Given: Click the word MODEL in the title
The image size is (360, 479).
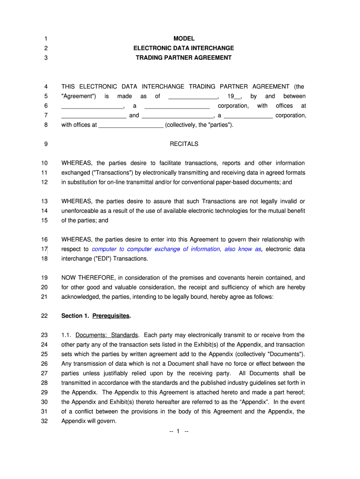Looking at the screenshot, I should click(x=184, y=38).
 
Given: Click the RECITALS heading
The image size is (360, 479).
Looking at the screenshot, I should click(x=184, y=144).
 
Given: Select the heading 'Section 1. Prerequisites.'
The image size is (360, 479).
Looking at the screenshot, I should click(x=96, y=316).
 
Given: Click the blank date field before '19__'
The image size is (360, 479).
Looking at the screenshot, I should click(x=193, y=96).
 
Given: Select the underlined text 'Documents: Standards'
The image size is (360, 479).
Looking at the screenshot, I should click(x=107, y=335).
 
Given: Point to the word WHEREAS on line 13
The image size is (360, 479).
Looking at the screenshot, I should click(x=76, y=202).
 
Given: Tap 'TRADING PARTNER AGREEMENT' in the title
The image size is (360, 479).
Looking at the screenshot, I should click(x=184, y=58).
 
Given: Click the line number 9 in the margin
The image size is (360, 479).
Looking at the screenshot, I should click(x=46, y=144).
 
